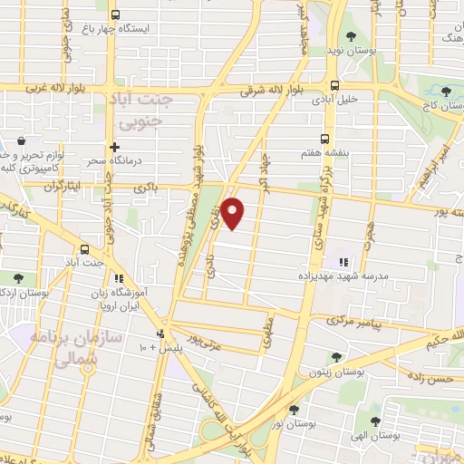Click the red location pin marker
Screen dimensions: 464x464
(x=234, y=212)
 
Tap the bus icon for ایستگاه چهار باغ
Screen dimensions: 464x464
(x=115, y=14)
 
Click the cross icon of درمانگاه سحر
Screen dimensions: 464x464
(x=113, y=147)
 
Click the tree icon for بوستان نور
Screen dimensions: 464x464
(x=293, y=410)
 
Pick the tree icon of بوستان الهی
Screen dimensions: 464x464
(x=374, y=421)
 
